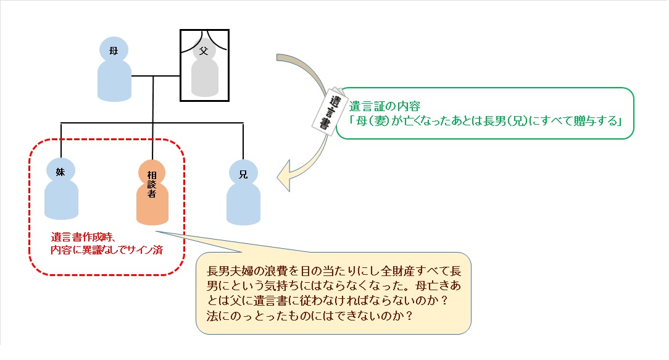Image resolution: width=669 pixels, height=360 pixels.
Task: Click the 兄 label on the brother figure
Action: (243, 174)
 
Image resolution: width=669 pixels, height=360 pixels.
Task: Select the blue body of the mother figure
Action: (114, 80)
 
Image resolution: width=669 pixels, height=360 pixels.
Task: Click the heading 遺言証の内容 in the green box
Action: (384, 106)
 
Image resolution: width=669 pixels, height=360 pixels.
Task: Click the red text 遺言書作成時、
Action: (84, 237)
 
